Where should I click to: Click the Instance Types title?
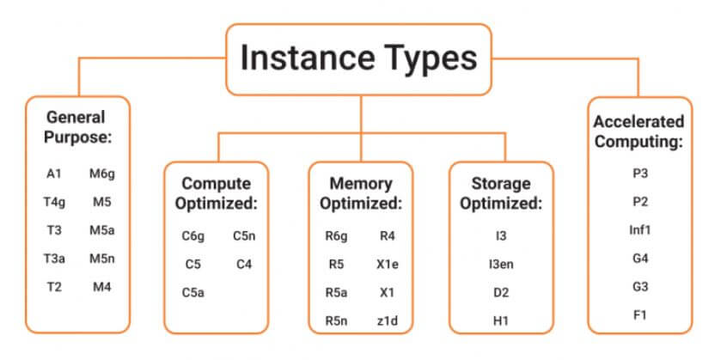click(359, 58)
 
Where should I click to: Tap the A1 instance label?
click(53, 174)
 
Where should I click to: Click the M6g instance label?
click(101, 174)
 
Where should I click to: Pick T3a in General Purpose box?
click(53, 258)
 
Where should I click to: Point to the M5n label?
click(101, 258)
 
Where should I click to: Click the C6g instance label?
click(193, 235)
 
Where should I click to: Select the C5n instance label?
click(243, 235)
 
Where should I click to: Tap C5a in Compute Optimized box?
click(193, 292)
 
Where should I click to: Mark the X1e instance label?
click(387, 265)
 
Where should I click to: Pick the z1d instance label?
click(387, 321)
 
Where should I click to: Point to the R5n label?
click(336, 321)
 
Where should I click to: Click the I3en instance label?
click(501, 265)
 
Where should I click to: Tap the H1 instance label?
click(501, 321)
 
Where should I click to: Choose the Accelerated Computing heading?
click(639, 131)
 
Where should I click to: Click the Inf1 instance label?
click(639, 229)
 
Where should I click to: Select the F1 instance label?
click(639, 314)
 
